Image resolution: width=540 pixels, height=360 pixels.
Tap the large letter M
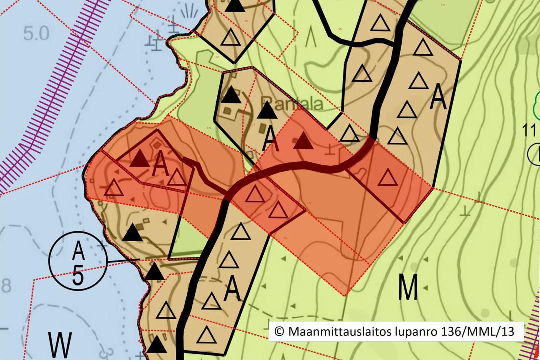click(408, 287)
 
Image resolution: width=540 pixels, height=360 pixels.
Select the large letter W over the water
click(60, 345)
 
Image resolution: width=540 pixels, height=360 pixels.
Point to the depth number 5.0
click(36, 34)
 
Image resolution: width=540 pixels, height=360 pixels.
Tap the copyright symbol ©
click(279, 331)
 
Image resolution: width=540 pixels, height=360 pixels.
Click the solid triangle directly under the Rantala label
click(267, 111)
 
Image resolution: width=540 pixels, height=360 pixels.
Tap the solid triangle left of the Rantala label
click(231, 95)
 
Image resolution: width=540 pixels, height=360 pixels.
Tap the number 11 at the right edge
click(529, 131)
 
